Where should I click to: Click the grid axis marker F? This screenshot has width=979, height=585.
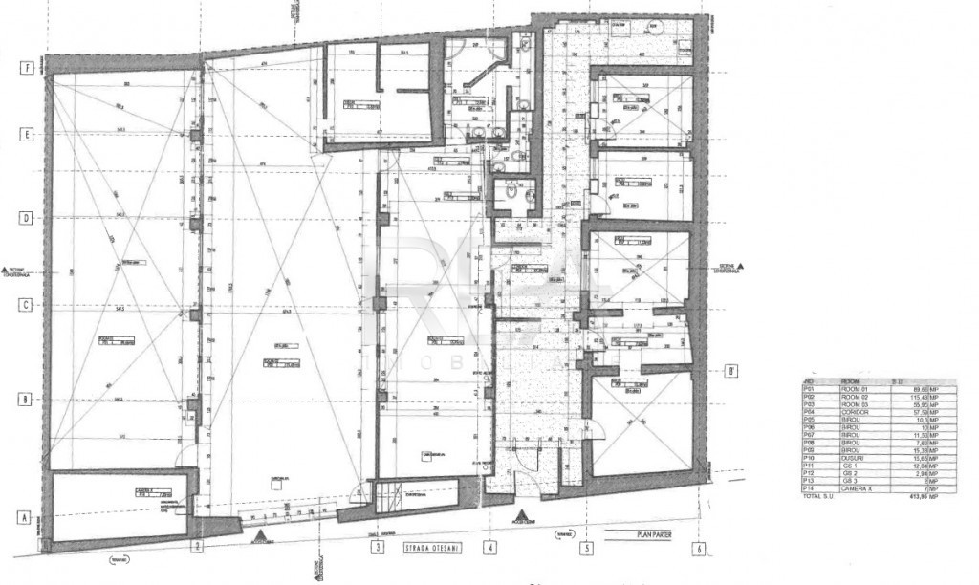(x=27, y=68)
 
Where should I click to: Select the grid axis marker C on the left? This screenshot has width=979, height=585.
(x=27, y=305)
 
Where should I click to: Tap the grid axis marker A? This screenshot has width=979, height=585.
(x=27, y=517)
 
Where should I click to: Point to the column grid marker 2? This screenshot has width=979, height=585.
(x=197, y=548)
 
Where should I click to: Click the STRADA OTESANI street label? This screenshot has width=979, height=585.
(x=428, y=548)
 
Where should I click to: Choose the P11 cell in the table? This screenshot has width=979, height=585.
(x=809, y=464)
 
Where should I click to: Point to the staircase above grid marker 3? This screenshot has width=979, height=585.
(x=385, y=495)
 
